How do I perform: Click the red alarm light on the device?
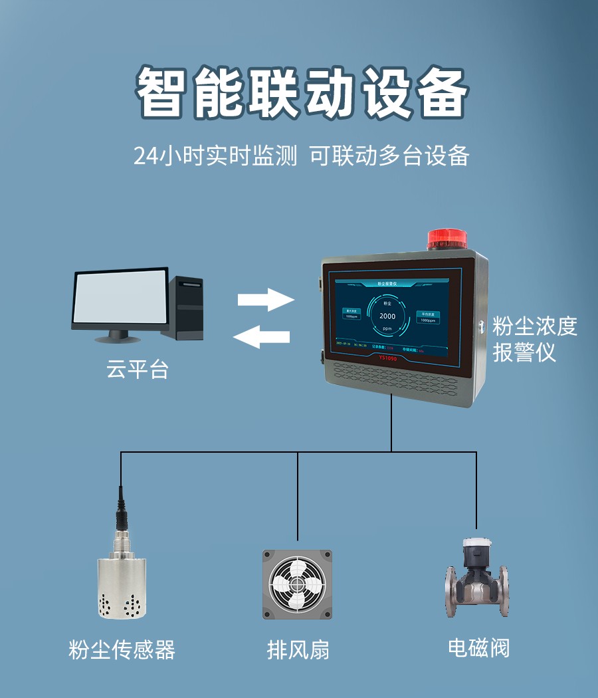447,240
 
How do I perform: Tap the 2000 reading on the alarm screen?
387,316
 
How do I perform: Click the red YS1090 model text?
387,358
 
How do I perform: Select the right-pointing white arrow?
266,299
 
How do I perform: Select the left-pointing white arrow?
261,337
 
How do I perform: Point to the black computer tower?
187,308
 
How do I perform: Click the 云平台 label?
138,370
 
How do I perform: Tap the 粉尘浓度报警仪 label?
534,339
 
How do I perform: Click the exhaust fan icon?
297,584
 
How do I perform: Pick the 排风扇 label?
298,649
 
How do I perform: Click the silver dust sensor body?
122,585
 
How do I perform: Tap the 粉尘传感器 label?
122,649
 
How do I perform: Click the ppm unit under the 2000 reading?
387,329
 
